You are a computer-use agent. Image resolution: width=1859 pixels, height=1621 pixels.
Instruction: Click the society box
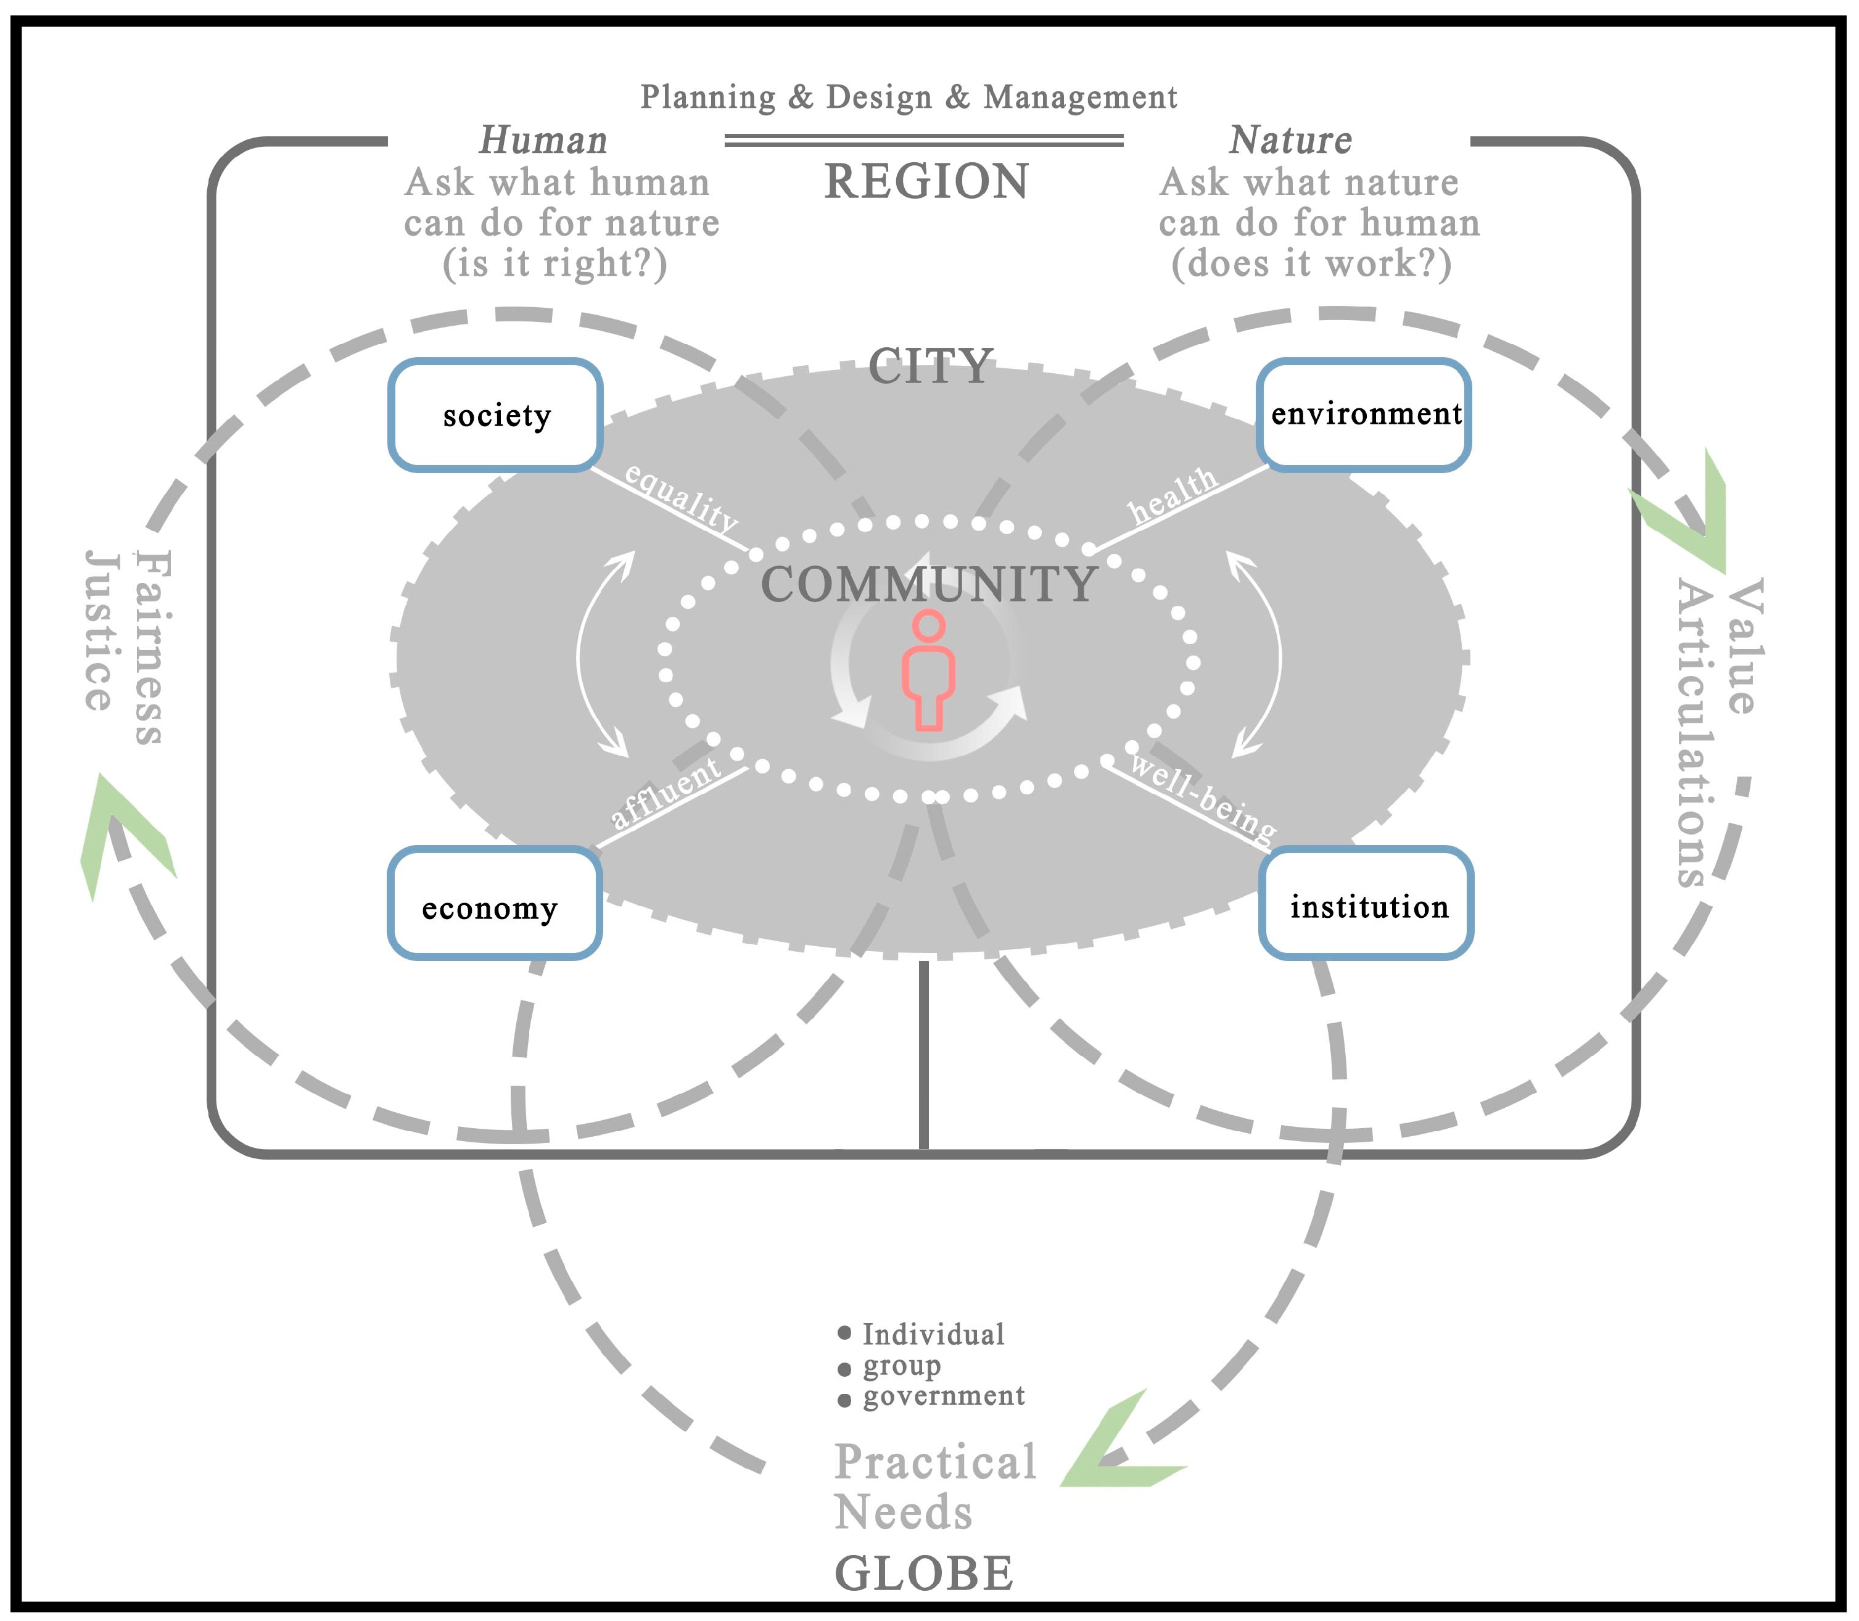pos(496,415)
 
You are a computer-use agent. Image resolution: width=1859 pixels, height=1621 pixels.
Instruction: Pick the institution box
pos(1366,904)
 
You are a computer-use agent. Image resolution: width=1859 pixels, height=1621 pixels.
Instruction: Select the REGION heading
pos(926,182)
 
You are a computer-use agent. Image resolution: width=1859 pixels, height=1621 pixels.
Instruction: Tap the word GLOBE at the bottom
pos(923,1574)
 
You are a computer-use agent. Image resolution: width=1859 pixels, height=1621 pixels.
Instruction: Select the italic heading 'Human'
pos(543,140)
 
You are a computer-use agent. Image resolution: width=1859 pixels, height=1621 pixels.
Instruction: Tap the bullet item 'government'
pos(944,1396)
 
